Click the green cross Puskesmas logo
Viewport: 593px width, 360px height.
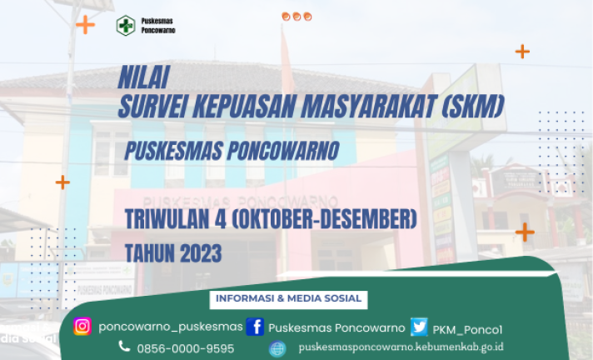[126, 25]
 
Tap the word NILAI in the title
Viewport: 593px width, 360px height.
[144, 77]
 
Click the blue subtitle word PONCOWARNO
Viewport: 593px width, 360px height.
[283, 151]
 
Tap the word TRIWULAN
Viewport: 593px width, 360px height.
[167, 219]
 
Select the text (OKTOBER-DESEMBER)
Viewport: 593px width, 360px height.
[324, 219]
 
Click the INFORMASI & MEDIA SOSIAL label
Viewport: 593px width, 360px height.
[288, 298]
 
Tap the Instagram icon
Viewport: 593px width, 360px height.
[82, 327]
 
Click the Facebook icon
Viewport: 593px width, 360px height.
[255, 327]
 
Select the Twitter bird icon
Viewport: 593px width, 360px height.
[419, 327]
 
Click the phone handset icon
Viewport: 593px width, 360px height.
[124, 346]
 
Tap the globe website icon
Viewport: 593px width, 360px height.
[277, 348]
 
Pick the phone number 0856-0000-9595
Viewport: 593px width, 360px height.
[185, 348]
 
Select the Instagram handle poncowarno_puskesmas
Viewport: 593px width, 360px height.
[171, 327]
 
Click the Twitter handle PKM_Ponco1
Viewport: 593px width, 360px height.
[467, 330]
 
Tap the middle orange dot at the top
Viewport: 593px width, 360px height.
[296, 17]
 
